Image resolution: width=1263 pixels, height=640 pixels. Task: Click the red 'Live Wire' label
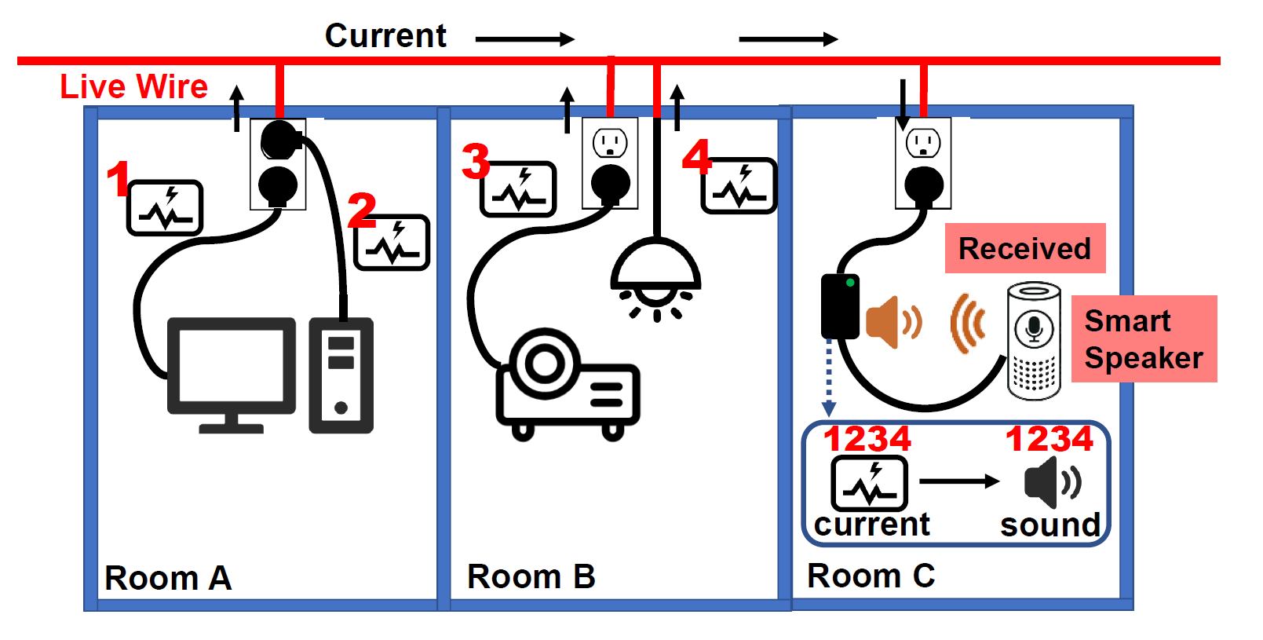point(134,86)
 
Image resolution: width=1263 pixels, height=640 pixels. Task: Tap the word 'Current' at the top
point(385,36)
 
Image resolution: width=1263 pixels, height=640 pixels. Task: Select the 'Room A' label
point(168,578)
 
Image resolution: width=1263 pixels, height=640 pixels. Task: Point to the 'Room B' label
point(531,576)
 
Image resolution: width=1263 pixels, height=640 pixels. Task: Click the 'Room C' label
point(871,576)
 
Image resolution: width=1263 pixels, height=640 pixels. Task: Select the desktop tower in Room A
point(341,375)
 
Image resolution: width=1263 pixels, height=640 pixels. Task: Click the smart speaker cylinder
point(1034,341)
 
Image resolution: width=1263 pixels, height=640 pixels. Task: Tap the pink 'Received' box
point(1025,248)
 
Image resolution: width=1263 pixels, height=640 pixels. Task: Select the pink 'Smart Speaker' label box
point(1144,339)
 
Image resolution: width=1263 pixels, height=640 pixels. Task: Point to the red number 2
point(361,210)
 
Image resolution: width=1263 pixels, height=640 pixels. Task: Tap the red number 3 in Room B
point(476,161)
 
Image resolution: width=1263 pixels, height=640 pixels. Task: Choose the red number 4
point(697,156)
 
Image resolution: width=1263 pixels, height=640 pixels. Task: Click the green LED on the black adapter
point(850,283)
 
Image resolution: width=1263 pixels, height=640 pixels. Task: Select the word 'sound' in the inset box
point(1050,525)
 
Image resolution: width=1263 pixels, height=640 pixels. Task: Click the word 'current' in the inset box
point(871,524)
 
